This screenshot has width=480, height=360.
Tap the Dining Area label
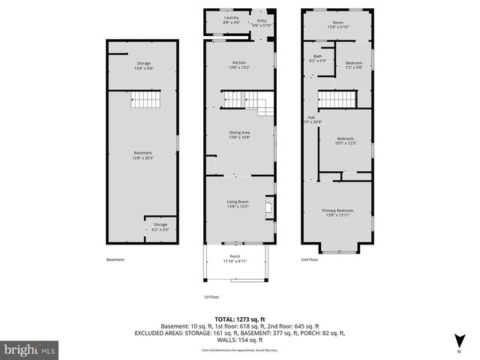coord(239,135)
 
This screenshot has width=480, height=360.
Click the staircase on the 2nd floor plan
coord(337,98)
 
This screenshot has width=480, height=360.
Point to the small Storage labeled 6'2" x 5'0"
coord(160,226)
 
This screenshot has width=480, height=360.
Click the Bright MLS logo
coord(30,349)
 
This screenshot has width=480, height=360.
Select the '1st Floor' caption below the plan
coord(212,297)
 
